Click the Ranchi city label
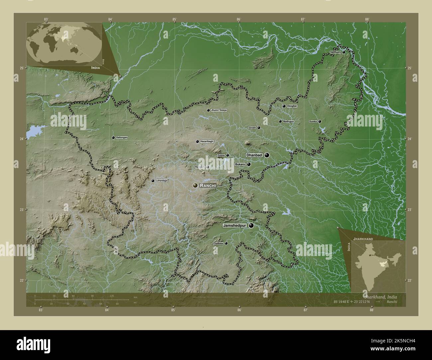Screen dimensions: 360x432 pos(208,186)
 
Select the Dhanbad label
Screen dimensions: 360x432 pos(254,155)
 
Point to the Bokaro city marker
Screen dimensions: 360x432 pos(249,164)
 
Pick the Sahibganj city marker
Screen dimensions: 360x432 pos(344,52)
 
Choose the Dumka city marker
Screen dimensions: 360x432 pos(320,122)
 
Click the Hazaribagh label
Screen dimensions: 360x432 pos(207,141)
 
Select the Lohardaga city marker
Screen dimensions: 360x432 pos(153,181)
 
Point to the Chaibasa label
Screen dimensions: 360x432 pos(218,243)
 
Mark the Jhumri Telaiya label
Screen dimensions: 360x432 pos(219,110)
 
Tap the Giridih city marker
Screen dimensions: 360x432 pos(259,128)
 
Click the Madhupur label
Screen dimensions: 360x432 pos(288,122)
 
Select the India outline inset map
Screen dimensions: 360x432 pos(378,264)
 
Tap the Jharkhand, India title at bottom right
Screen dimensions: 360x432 pos(380,297)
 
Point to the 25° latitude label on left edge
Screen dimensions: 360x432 pos(22,68)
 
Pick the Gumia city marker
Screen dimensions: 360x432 pos(228,155)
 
